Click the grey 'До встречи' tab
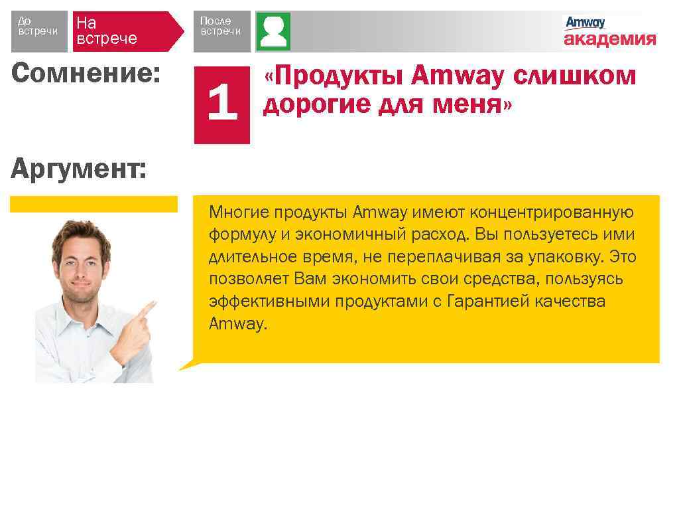click(39, 31)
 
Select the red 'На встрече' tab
click(126, 31)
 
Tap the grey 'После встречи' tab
click(221, 31)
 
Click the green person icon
click(273, 31)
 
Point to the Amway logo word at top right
click(585, 23)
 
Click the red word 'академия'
click(609, 39)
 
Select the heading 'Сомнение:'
click(86, 74)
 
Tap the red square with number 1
click(221, 105)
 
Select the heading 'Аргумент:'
click(79, 170)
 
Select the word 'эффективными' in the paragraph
click(269, 301)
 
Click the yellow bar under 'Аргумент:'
click(93, 204)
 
